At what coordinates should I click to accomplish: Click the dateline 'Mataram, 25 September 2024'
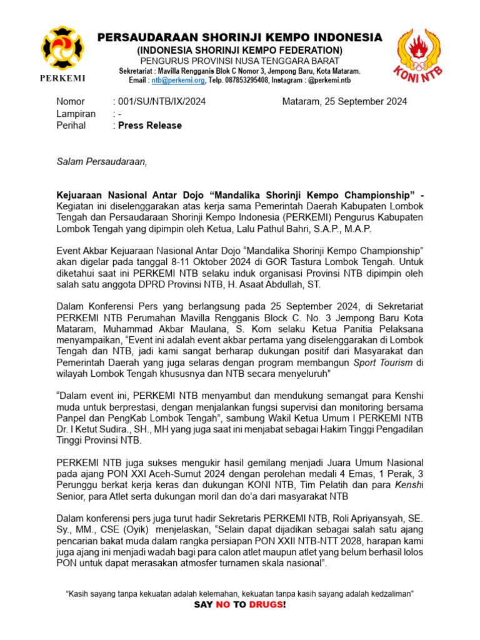point(344,101)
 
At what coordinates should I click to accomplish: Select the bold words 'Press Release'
point(150,125)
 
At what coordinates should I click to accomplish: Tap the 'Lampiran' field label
point(76,113)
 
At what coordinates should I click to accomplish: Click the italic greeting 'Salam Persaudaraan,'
point(102,162)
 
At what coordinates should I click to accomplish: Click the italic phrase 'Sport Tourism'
point(384,362)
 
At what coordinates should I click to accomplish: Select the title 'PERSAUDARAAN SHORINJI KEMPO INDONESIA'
point(240,37)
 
